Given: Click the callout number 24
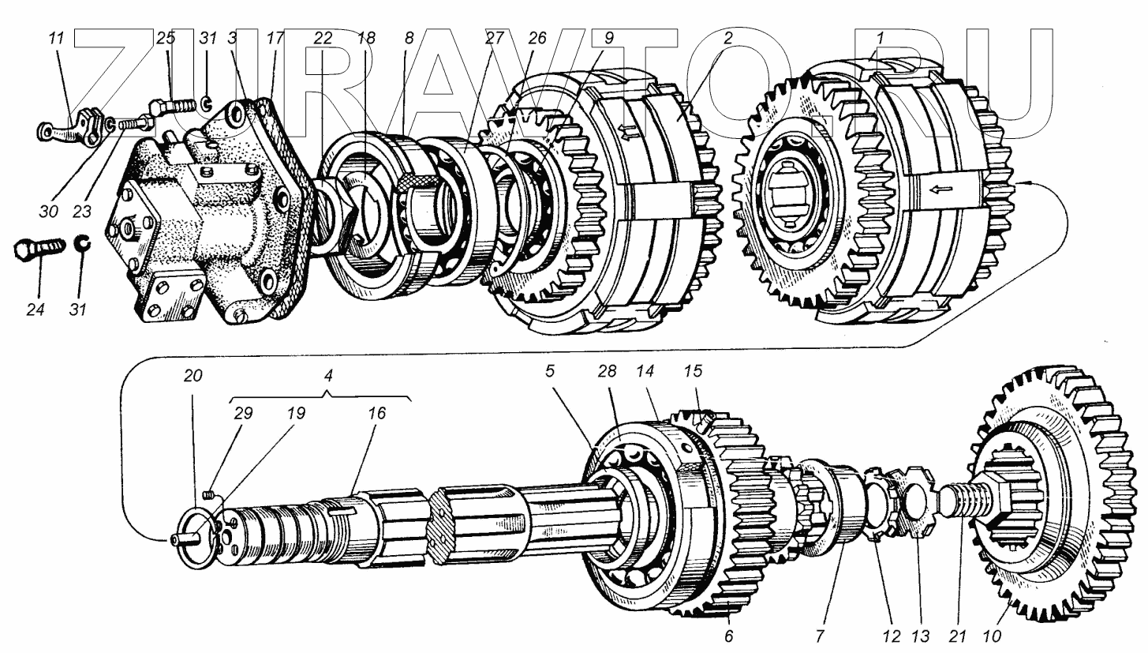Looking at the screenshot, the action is pyautogui.click(x=35, y=310).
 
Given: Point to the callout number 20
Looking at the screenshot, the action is pyautogui.click(x=193, y=376).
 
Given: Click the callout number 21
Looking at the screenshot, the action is pyautogui.click(x=960, y=636).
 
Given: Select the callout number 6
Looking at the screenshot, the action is pyautogui.click(x=729, y=636).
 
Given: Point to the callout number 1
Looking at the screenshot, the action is pyautogui.click(x=880, y=37).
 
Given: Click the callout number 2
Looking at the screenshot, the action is pyautogui.click(x=727, y=37).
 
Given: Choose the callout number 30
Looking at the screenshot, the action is pyautogui.click(x=49, y=212).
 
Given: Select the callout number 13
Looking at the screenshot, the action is pyautogui.click(x=921, y=636).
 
